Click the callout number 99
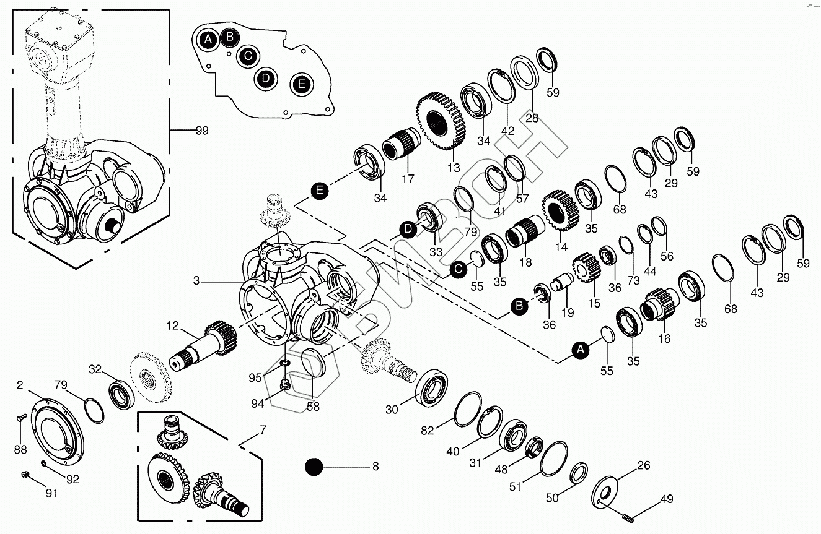[201, 131]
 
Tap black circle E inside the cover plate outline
[302, 84]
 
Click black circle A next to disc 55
[581, 351]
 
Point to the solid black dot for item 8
[314, 467]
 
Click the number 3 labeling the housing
[196, 282]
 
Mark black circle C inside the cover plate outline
[248, 56]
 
